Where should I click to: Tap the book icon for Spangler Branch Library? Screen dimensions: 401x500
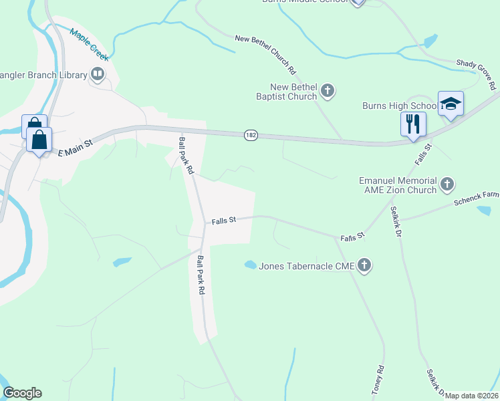(x=98, y=74)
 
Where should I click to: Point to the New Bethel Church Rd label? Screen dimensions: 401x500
(x=265, y=54)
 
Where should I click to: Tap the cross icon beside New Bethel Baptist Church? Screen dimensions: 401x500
(x=327, y=90)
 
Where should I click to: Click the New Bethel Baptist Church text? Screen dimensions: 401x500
(x=293, y=92)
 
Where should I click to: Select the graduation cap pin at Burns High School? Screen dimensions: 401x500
(x=451, y=104)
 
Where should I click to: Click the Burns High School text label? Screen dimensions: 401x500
(x=398, y=106)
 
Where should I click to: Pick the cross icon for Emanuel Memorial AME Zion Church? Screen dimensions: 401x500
(x=448, y=182)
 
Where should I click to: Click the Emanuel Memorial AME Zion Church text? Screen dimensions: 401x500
(x=397, y=185)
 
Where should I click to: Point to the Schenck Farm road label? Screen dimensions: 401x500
(x=476, y=199)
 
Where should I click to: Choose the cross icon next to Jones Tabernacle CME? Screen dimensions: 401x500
(x=364, y=265)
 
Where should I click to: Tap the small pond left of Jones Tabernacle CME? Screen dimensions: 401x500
(x=251, y=265)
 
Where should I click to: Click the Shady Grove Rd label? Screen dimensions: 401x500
(x=476, y=72)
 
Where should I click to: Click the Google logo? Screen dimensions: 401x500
(x=22, y=393)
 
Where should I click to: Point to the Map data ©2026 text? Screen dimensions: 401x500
(x=471, y=396)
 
